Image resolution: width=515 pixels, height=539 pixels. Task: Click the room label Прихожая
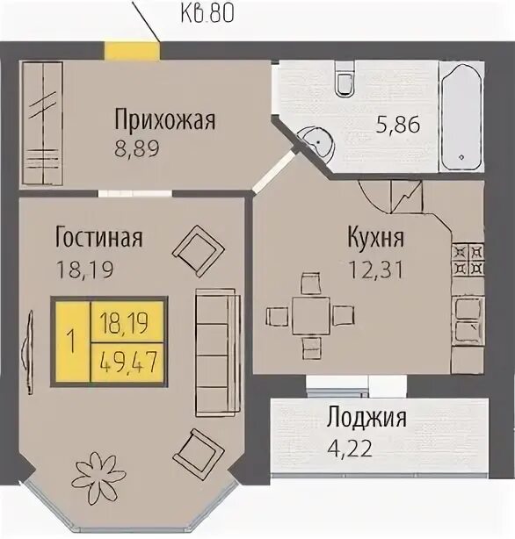(x=165, y=119)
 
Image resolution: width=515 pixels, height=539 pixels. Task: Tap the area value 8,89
(x=137, y=149)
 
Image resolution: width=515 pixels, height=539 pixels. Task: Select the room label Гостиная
(x=98, y=237)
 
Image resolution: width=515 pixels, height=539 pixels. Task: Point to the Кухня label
(x=375, y=238)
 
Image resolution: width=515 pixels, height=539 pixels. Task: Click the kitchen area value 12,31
(x=375, y=269)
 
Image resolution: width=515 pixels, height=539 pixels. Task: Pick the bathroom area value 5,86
(x=398, y=124)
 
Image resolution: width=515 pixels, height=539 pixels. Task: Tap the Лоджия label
(x=367, y=418)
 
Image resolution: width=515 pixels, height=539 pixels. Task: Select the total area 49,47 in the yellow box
(x=128, y=362)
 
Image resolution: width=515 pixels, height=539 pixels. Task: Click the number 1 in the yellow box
(x=72, y=341)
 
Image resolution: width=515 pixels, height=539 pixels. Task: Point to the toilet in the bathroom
(x=345, y=78)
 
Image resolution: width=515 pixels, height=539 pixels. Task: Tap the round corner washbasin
(x=318, y=141)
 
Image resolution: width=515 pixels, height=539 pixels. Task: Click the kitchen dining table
(x=311, y=316)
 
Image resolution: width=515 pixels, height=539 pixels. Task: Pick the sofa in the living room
(x=217, y=352)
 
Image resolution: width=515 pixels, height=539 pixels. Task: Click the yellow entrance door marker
(x=133, y=51)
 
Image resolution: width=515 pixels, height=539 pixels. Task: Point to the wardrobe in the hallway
(x=42, y=124)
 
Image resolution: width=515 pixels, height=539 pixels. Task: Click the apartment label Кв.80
(x=207, y=13)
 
